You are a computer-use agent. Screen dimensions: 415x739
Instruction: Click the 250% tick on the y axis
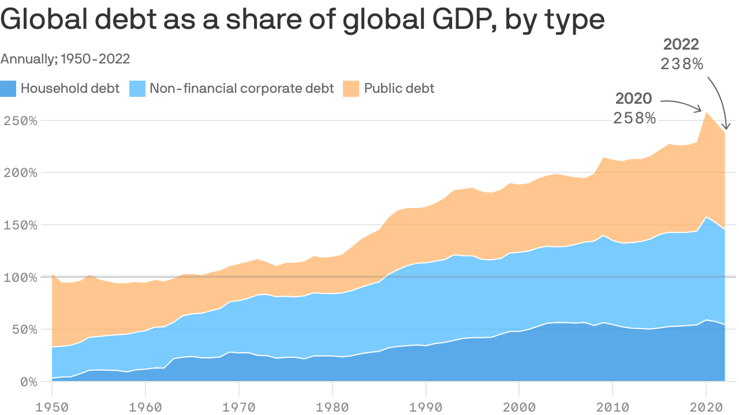[x=19, y=120]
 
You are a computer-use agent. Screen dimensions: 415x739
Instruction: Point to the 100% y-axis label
[x=19, y=277]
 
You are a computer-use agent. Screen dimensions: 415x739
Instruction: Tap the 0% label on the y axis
[x=27, y=381]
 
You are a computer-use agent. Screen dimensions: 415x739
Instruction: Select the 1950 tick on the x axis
[x=52, y=405]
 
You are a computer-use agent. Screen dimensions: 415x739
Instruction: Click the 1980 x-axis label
[x=333, y=405]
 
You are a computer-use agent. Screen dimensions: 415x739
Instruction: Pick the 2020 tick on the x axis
[x=705, y=405]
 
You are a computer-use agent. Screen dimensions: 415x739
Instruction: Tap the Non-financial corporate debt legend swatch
[x=138, y=89]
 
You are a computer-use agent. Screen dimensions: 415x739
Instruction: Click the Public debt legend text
[x=399, y=89]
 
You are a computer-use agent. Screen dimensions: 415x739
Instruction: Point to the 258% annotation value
[x=634, y=118]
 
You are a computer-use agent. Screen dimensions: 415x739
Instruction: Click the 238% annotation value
[x=682, y=64]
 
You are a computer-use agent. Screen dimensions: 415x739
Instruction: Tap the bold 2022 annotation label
[x=682, y=44]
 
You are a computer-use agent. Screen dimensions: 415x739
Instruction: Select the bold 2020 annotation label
[x=634, y=98]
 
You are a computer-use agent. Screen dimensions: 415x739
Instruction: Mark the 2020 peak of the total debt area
[x=705, y=112]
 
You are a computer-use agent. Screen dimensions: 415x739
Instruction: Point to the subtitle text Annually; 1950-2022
[x=65, y=59]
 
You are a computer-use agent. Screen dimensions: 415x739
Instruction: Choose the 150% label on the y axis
[x=19, y=225]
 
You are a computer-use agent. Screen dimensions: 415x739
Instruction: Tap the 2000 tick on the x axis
[x=519, y=405]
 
